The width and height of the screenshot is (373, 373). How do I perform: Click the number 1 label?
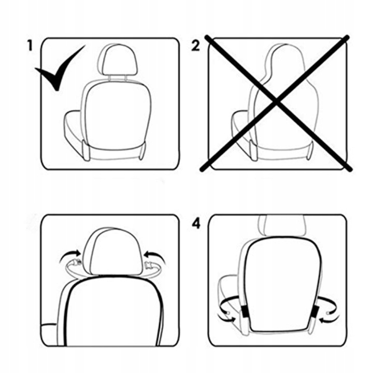30,46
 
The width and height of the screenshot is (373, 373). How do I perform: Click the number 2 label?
195,46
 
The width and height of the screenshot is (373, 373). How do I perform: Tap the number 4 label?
196,224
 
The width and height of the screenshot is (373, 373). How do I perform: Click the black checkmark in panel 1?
60,68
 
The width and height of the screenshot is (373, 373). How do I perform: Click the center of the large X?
276,102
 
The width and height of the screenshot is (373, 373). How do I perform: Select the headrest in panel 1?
118,60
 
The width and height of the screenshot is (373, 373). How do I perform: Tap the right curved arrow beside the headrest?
155,256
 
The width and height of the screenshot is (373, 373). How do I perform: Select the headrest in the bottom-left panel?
112,252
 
